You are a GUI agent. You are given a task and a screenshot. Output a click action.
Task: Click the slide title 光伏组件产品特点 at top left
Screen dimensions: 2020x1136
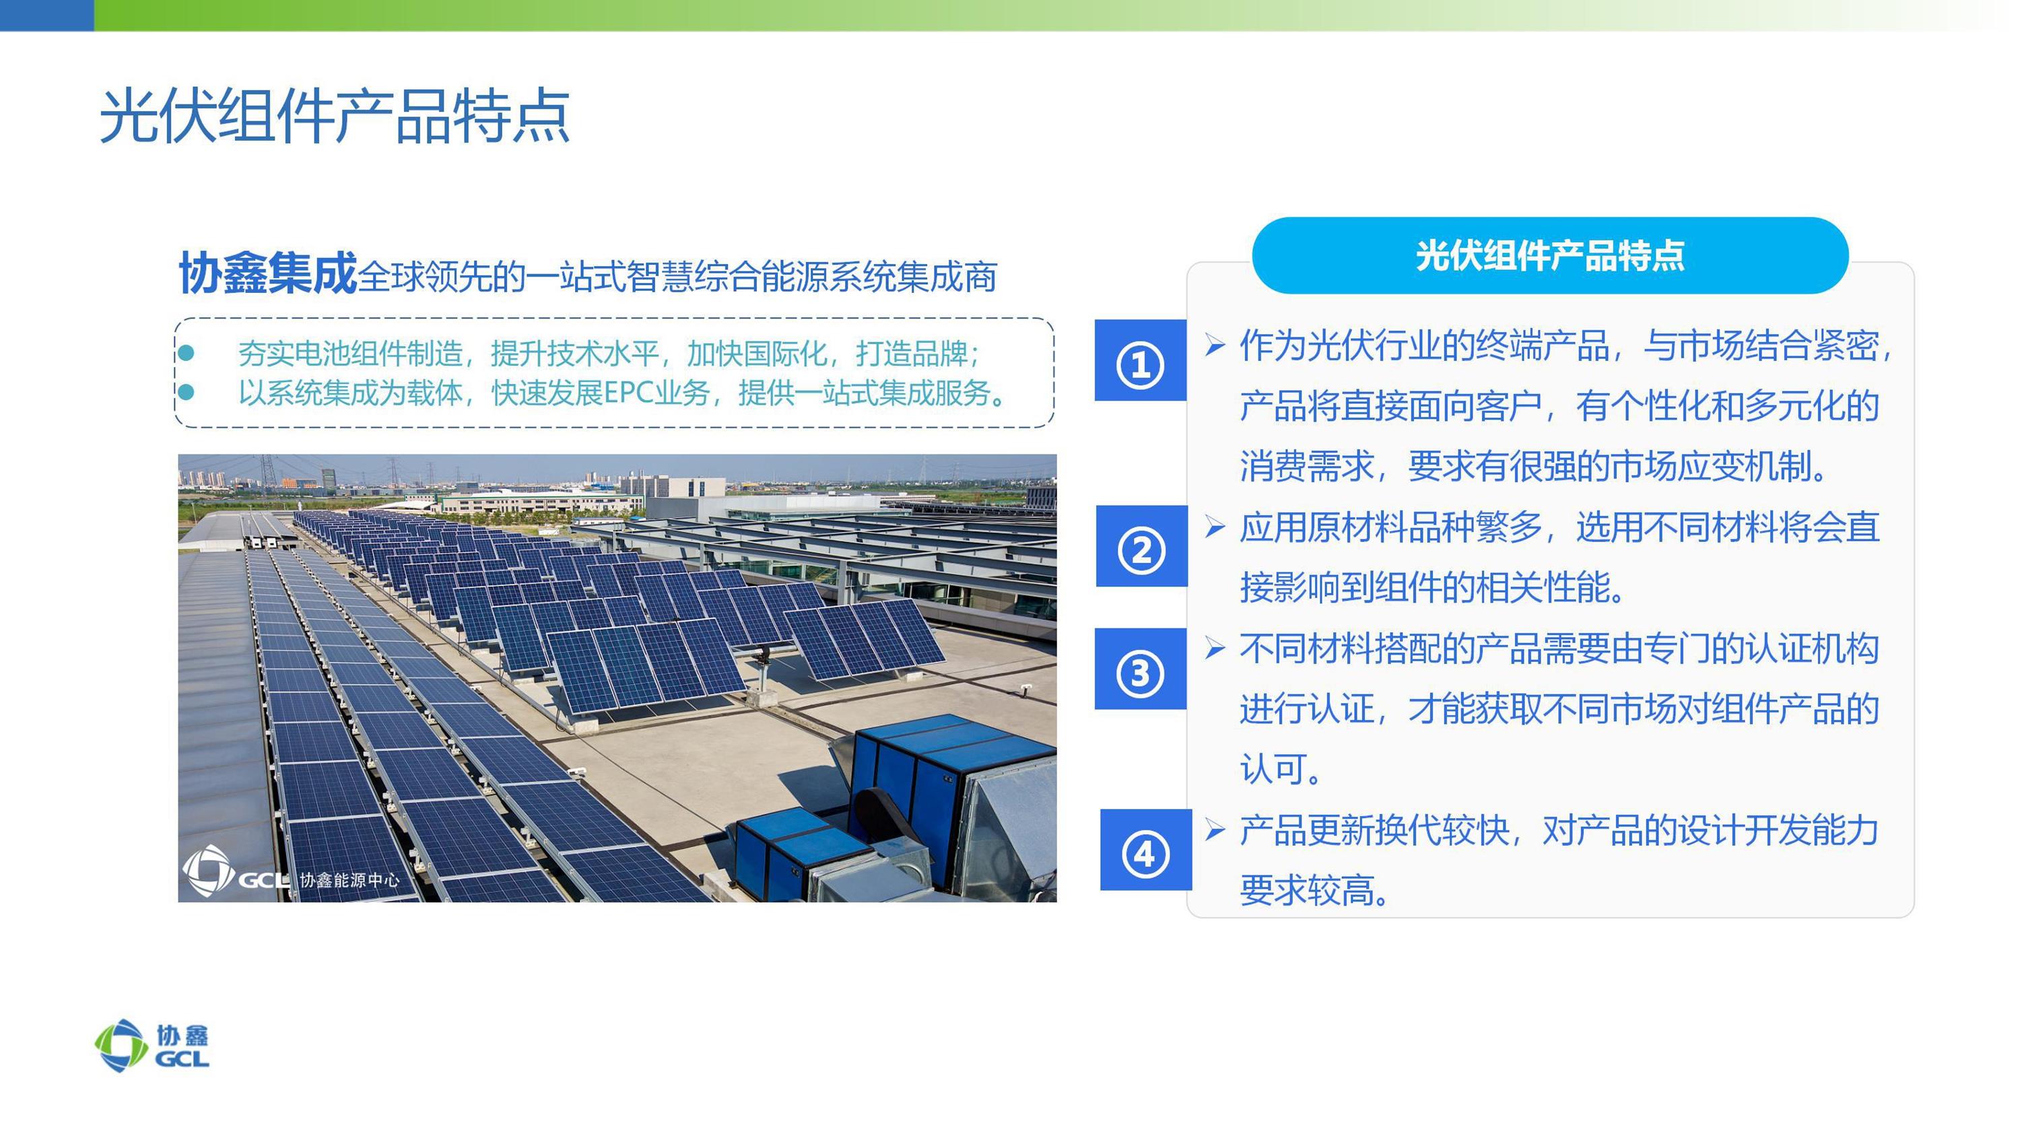[335, 116]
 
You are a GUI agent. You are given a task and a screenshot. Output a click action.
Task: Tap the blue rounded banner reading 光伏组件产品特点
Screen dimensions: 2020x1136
[1549, 256]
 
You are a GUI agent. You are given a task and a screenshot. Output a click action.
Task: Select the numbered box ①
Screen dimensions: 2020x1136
[1140, 361]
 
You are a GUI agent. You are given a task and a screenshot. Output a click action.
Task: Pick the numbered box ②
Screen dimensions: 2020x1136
[1142, 546]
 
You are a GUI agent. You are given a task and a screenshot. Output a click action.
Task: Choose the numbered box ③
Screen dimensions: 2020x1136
[1140, 669]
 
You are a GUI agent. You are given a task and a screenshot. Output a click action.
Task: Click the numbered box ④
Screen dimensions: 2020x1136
[1145, 850]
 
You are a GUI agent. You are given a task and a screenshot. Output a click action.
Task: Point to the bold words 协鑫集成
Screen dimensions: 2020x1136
[268, 273]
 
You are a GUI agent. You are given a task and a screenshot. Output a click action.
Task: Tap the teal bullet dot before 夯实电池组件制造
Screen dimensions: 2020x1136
[186, 353]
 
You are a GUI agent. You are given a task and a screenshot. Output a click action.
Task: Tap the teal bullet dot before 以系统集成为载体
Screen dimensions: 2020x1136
[186, 392]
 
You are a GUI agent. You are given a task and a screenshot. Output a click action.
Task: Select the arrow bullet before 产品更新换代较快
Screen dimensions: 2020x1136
[1215, 830]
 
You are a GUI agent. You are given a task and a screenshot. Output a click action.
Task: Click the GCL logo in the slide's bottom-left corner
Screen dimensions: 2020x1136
[152, 1046]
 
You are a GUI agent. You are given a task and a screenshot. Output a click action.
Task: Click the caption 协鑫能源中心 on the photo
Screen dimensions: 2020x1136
[349, 880]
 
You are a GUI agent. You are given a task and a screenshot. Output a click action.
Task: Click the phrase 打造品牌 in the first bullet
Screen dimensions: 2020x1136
[912, 354]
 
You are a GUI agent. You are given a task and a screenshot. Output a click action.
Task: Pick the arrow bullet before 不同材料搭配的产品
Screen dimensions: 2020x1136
[1215, 648]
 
